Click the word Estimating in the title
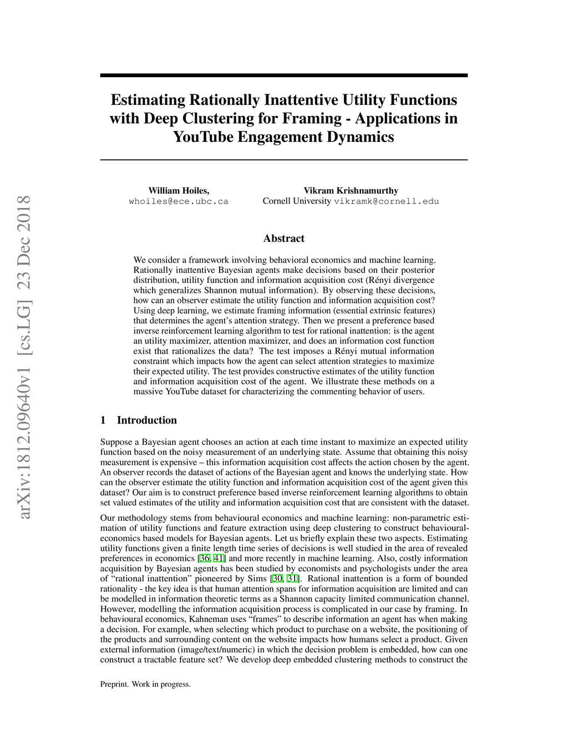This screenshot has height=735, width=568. (140, 100)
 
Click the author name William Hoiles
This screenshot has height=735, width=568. (179, 191)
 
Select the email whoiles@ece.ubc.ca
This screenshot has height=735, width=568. (179, 201)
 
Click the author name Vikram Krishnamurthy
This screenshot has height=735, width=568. (351, 191)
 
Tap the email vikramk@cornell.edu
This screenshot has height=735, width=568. (386, 201)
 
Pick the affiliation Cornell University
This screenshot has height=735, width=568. (297, 201)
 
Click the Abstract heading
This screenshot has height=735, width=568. (283, 239)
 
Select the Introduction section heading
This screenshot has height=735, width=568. (146, 420)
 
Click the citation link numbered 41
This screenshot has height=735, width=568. (219, 559)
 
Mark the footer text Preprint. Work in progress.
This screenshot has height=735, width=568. (145, 685)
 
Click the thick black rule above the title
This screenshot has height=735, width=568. (283, 75)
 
